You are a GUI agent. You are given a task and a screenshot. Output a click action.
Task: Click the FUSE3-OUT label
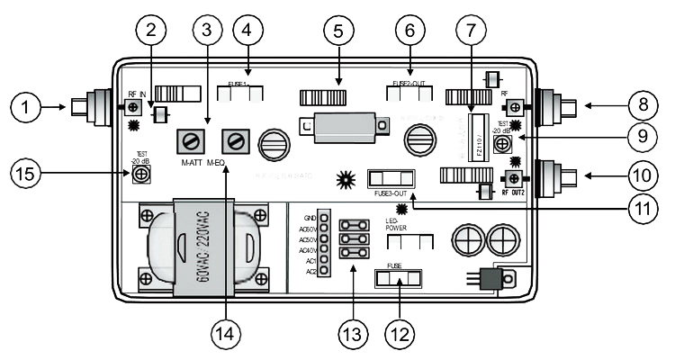tap(390, 193)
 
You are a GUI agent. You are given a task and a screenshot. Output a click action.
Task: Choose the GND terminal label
tap(310, 218)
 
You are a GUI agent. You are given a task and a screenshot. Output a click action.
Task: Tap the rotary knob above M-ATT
tap(190, 139)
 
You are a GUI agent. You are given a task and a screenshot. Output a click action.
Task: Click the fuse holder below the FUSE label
tap(398, 280)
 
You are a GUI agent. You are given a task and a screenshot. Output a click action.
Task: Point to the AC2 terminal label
tap(310, 271)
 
